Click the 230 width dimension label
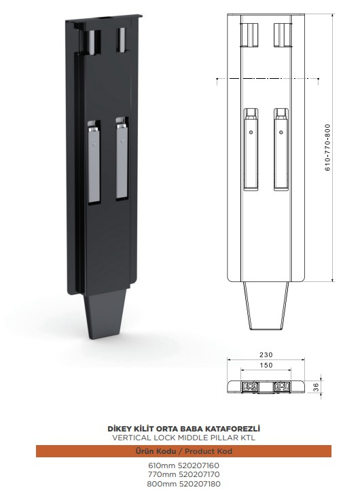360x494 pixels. point(266,355)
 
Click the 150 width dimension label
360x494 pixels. point(266,365)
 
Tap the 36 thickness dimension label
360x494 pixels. point(317,387)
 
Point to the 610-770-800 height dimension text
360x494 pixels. point(328,147)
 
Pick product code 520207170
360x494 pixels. point(199,474)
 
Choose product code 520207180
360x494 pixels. point(200,484)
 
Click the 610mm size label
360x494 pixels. point(162,465)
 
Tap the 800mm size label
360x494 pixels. point(162,484)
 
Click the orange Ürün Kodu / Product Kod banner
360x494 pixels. point(183,451)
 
